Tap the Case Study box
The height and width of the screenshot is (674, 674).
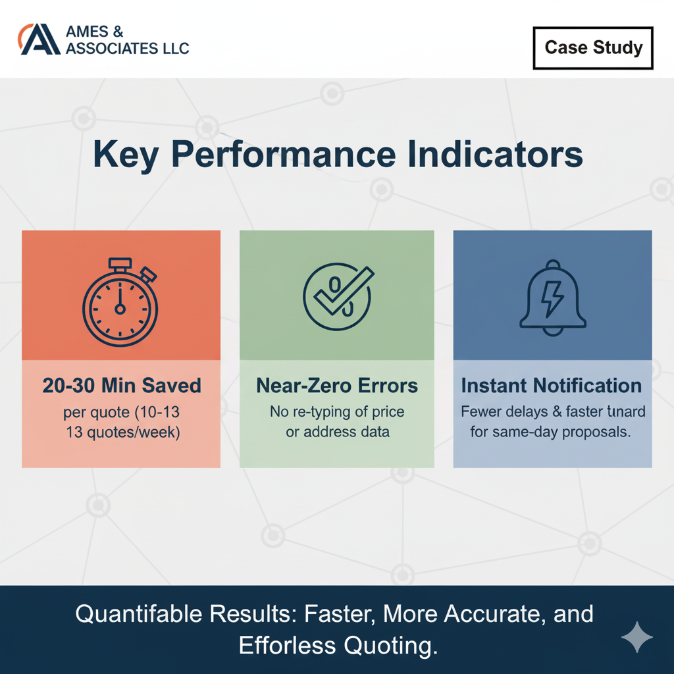click(593, 48)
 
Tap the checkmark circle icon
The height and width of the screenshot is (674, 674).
click(336, 295)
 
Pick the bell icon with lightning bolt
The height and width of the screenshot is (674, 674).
click(552, 296)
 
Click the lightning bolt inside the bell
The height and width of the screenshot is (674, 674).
click(552, 299)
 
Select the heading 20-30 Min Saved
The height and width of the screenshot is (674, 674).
click(122, 386)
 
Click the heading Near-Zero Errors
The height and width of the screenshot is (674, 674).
click(336, 386)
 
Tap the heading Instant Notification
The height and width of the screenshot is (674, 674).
click(552, 386)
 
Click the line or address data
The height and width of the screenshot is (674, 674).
click(337, 432)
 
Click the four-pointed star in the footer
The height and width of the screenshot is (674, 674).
click(637, 638)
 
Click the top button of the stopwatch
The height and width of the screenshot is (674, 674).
click(120, 264)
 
